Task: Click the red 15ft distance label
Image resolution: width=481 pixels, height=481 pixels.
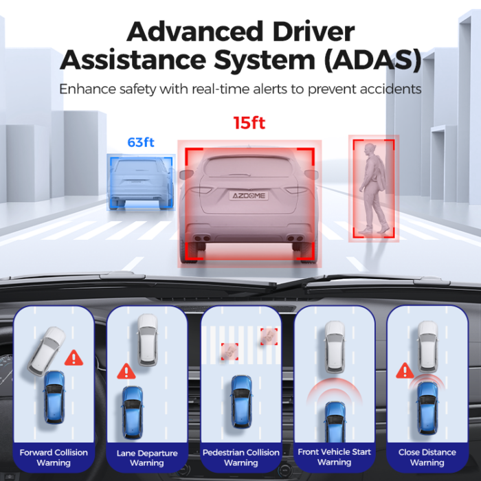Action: pyautogui.click(x=249, y=124)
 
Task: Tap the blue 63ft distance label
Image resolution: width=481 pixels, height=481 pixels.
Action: pyautogui.click(x=140, y=143)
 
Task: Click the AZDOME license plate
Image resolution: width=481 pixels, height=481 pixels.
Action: pyautogui.click(x=248, y=196)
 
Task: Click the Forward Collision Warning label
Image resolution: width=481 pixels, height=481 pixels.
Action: pyautogui.click(x=54, y=457)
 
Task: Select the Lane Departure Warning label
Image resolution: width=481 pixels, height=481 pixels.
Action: pyautogui.click(x=147, y=458)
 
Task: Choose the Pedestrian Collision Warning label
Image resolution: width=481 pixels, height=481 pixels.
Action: pyautogui.click(x=240, y=457)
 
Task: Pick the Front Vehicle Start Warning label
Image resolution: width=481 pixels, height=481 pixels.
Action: pyautogui.click(x=334, y=457)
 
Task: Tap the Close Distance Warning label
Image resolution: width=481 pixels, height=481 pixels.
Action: pyautogui.click(x=427, y=457)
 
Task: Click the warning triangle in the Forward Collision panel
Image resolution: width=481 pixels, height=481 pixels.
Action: pyautogui.click(x=73, y=358)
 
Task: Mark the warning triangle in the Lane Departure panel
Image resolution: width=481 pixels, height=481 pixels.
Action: pyautogui.click(x=125, y=372)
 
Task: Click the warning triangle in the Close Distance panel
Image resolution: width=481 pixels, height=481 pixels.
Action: pyautogui.click(x=404, y=370)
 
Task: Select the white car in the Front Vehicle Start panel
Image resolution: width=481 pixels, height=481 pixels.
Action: pyautogui.click(x=335, y=347)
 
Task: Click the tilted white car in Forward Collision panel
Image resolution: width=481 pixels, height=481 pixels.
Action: pyautogui.click(x=47, y=350)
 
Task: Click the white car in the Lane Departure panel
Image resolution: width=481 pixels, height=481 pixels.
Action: pyautogui.click(x=147, y=339)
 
